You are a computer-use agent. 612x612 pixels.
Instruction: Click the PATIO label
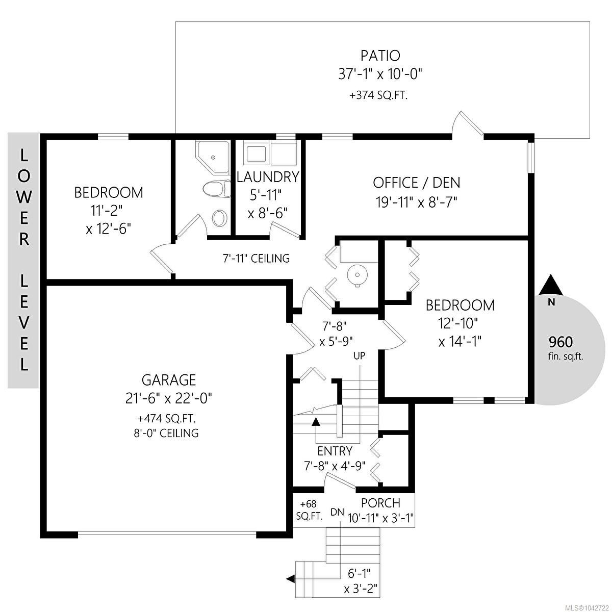pos(380,56)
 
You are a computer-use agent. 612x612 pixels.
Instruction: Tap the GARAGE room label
pos(169,380)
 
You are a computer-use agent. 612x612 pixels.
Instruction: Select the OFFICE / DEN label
pos(416,183)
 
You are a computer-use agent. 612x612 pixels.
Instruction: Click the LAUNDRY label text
pos(268,177)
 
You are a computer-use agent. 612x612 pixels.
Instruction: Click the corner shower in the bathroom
pos(213,157)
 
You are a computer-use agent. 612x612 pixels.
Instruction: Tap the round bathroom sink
pos(219,218)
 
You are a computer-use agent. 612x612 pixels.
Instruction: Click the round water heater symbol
pos(358,275)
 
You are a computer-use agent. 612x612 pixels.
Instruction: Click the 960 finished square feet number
pos(561,342)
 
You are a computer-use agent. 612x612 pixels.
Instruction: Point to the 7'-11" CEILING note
pos(257,259)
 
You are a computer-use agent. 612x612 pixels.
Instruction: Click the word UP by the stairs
pos(360,355)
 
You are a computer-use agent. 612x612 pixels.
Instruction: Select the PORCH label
pos(381,503)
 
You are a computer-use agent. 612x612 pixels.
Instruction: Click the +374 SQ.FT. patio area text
pos(378,95)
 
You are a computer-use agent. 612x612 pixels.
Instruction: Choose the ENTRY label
pos(335,451)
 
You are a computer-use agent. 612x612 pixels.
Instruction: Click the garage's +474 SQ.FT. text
pos(166,419)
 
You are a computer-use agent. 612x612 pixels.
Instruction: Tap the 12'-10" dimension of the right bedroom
pos(458,324)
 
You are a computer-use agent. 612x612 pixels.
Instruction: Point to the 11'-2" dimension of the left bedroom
pos(106,210)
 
